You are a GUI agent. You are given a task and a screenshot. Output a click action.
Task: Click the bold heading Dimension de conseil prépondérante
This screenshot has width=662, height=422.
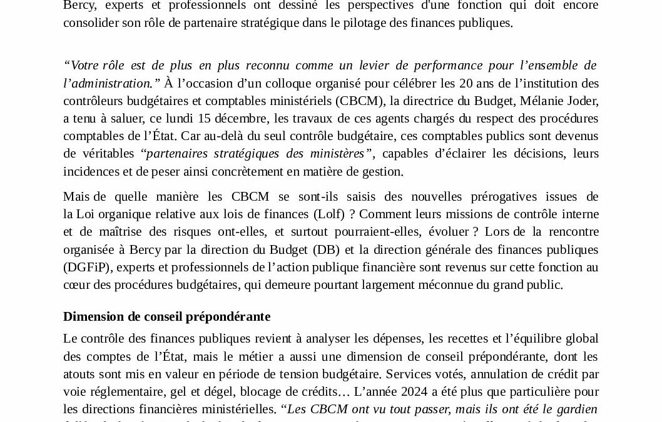coord(166,317)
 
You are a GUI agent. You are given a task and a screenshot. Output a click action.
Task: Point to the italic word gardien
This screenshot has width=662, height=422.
coord(576,409)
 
